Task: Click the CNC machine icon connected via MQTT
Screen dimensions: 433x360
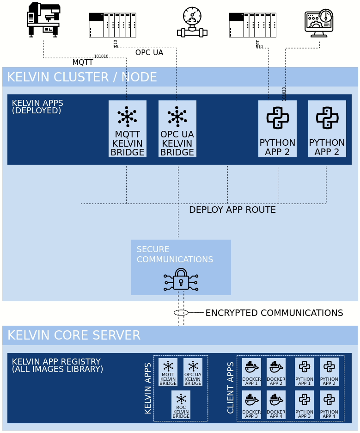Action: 43,19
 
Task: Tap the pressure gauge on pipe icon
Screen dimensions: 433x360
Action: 192,22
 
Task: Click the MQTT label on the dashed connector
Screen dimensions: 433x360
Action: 82,62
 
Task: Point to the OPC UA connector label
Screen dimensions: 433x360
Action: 149,53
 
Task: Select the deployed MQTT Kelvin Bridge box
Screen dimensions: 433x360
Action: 127,129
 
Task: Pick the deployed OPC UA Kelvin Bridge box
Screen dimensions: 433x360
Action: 177,129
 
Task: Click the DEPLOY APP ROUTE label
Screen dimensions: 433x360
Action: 232,210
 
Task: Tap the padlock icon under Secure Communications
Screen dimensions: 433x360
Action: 181,279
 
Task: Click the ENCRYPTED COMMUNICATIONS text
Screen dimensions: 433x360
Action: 274,313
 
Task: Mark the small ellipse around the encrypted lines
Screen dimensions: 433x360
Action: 181,313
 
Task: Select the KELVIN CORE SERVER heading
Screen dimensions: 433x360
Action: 73,335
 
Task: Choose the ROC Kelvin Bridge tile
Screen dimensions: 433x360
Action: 181,405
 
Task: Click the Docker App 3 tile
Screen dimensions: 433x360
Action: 251,405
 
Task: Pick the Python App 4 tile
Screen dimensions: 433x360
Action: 329,405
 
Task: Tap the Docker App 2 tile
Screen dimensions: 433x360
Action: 276,372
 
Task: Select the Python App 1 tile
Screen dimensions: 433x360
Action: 304,372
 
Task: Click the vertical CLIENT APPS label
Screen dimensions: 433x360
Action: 230,388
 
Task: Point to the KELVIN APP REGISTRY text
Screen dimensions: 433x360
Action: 57,365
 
